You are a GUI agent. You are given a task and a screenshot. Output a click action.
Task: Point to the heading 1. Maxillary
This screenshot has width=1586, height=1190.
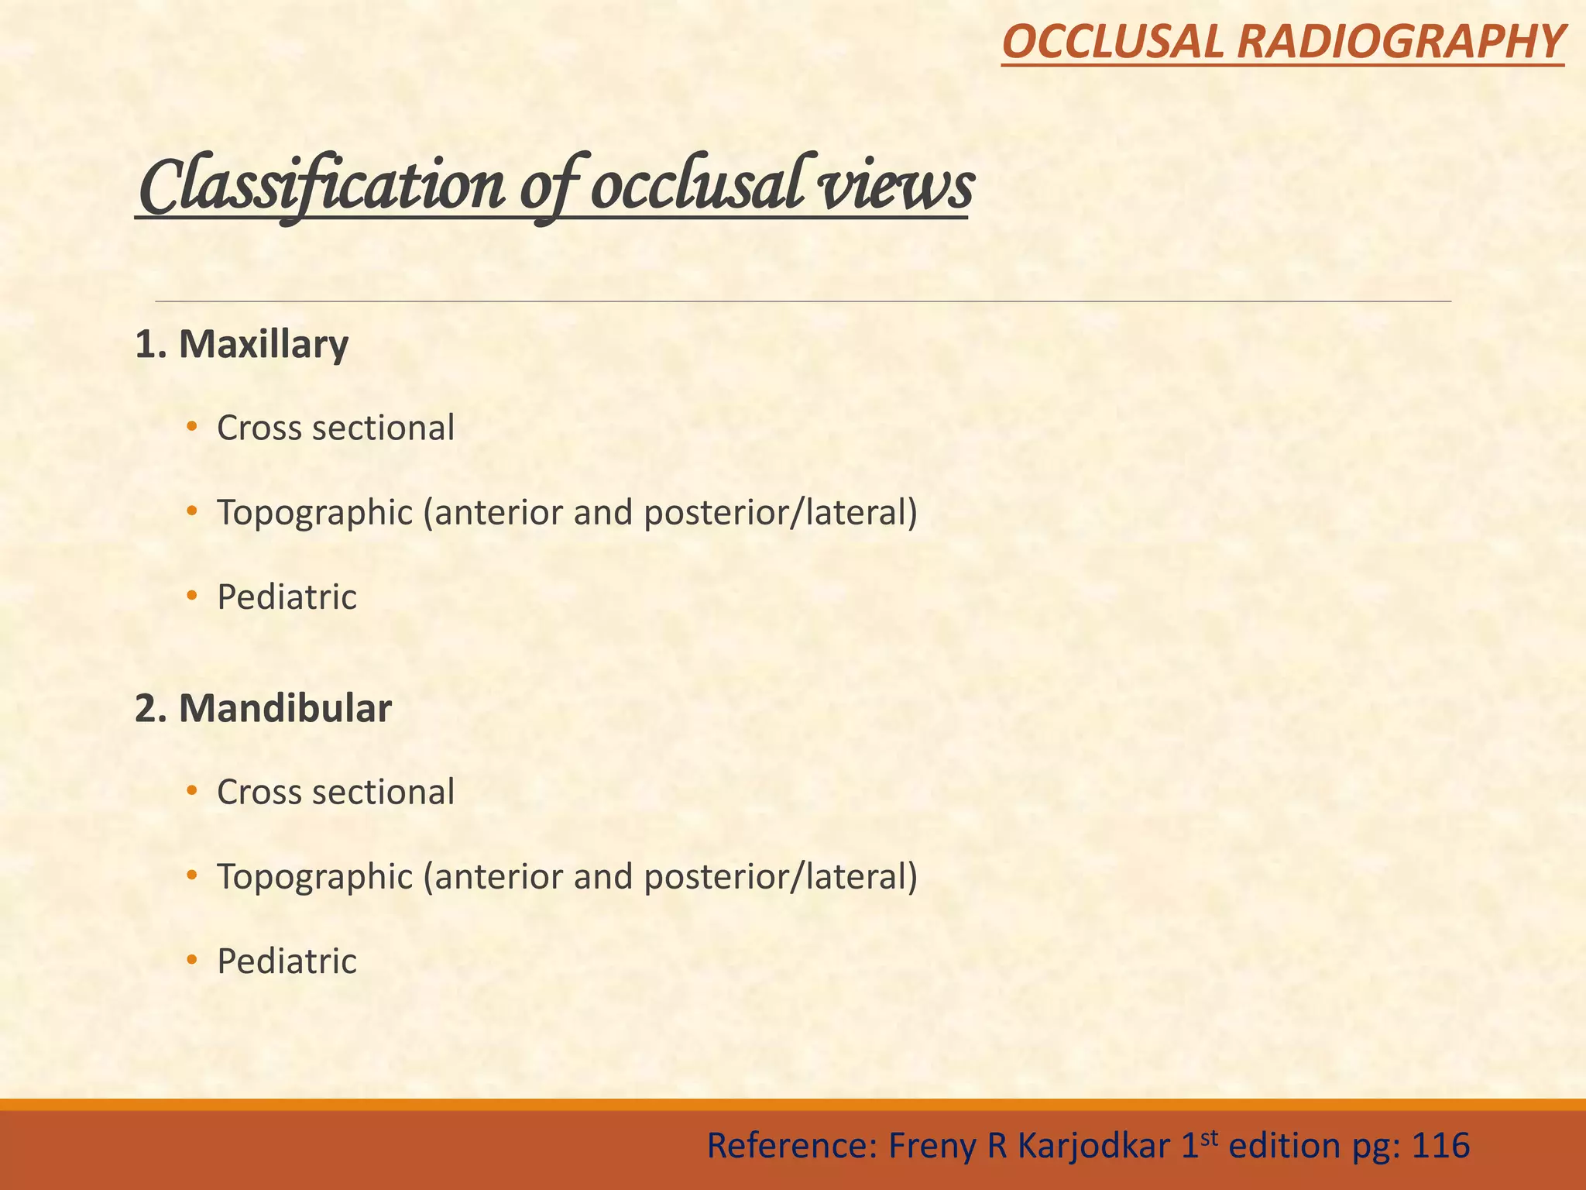pos(242,345)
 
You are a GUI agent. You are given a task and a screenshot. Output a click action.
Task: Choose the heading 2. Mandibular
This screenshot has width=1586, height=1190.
pos(263,708)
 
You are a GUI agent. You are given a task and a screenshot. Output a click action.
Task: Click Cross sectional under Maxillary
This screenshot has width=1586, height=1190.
pos(335,428)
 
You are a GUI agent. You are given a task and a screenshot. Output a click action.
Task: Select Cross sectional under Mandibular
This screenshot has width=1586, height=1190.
pos(335,792)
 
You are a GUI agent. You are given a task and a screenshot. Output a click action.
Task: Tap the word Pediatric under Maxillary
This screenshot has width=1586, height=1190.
pos(287,597)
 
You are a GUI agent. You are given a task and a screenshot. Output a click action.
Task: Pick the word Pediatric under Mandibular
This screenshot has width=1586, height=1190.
pos(287,961)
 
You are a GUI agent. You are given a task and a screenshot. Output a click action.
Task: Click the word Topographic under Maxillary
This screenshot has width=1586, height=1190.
pos(314,513)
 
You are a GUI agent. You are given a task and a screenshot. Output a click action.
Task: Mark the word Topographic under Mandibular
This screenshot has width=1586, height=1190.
pos(314,877)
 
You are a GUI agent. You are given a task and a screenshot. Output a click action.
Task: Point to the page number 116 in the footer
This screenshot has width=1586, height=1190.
pos(1440,1146)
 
